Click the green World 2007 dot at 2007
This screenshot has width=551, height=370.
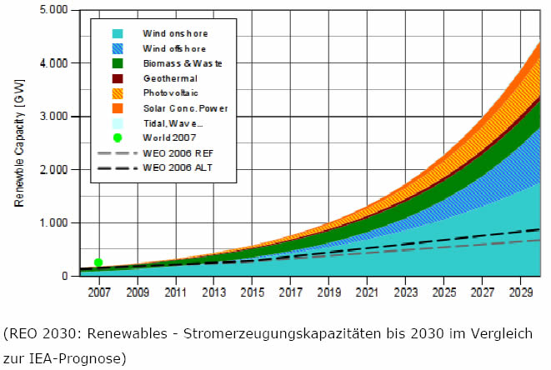coord(98,262)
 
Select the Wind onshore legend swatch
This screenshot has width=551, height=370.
coord(118,33)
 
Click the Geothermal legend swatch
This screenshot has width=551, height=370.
coord(118,79)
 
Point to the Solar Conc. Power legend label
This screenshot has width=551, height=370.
coord(184,108)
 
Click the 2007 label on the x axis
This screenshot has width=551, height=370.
coord(99,293)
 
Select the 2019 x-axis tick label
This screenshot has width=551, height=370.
coord(329,293)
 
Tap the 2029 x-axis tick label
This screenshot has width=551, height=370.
coord(521,293)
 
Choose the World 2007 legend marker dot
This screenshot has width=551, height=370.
coord(118,138)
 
